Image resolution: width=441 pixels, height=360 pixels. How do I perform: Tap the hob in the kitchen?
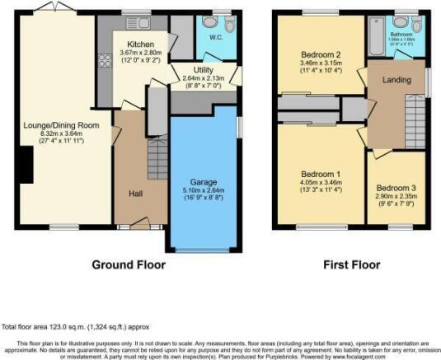coord(105,60)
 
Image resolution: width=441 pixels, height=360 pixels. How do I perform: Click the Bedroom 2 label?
coord(321,54)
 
